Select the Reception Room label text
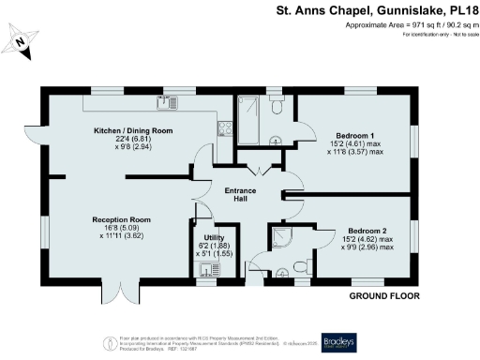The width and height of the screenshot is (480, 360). point(121,219)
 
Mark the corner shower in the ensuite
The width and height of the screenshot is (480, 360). point(281,237)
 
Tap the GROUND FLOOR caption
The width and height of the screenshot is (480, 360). point(383,296)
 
